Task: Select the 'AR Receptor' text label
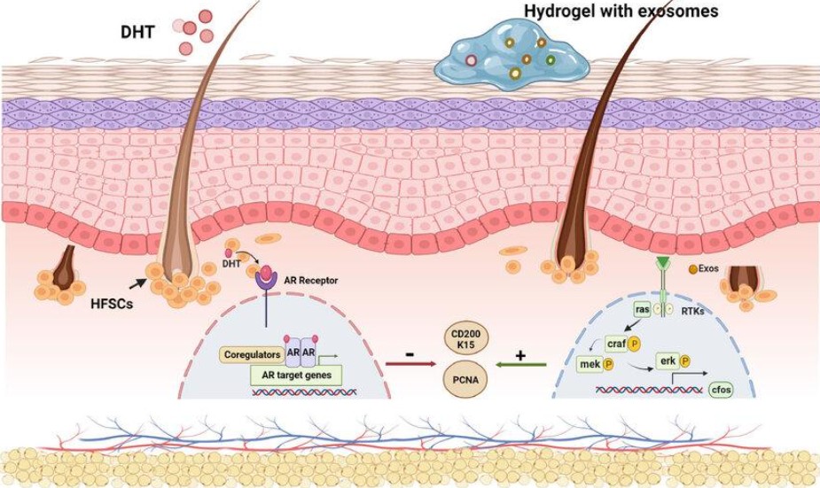click(311, 280)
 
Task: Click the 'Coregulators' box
click(250, 354)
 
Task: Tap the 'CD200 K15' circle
click(467, 341)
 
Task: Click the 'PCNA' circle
click(467, 380)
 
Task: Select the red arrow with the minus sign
click(410, 363)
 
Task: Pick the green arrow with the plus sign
click(520, 363)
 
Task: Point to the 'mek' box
click(589, 364)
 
